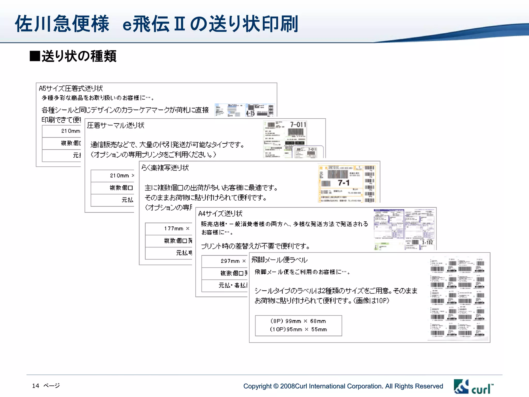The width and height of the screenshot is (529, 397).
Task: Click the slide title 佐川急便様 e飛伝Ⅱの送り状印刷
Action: tap(157, 24)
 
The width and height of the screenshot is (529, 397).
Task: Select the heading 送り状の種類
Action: tap(79, 56)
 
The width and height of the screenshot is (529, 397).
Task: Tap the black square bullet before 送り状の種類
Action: tap(35, 56)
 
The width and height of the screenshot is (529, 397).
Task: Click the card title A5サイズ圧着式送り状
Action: tap(71, 88)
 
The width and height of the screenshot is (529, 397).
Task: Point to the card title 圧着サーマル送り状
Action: tap(115, 125)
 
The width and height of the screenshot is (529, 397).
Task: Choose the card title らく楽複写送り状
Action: tap(165, 168)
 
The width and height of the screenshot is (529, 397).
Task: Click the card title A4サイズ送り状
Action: tap(220, 213)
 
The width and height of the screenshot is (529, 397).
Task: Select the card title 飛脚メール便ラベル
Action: tap(279, 260)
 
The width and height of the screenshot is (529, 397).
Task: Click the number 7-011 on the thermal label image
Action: tap(298, 125)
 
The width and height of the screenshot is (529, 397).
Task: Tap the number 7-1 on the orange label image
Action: tap(344, 183)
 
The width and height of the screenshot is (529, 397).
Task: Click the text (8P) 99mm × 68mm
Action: tap(298, 321)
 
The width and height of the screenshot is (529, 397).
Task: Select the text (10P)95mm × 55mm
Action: tap(298, 330)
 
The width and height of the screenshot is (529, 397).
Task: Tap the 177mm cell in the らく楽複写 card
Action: tap(174, 228)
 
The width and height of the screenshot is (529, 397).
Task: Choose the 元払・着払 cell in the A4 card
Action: tap(232, 285)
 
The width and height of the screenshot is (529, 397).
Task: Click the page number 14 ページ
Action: tap(46, 386)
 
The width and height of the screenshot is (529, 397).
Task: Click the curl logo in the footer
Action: tap(473, 387)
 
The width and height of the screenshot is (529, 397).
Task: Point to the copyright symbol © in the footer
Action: tap(276, 386)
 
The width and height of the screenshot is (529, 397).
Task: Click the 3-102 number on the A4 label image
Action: tap(427, 242)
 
